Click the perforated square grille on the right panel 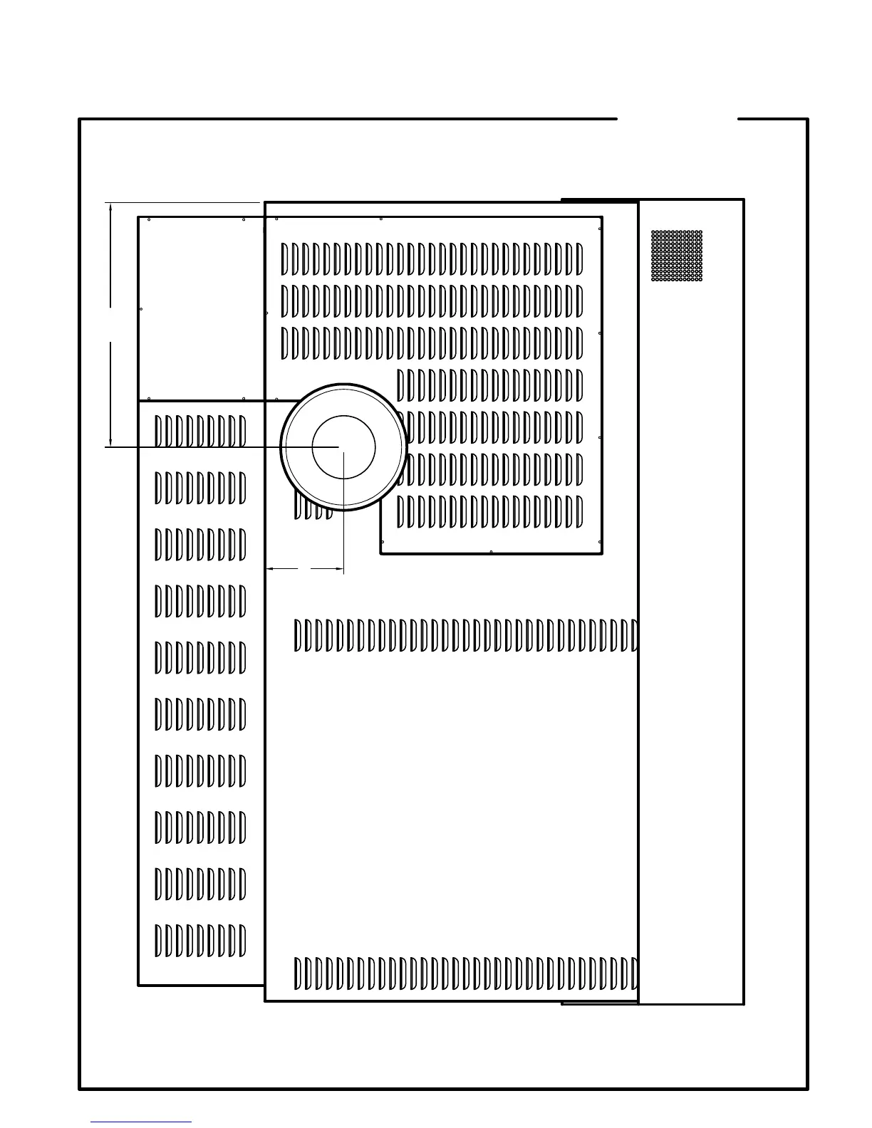coord(677,256)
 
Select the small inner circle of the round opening coord(343,447)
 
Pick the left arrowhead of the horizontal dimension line coord(270,569)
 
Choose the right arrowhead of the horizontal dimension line coord(340,569)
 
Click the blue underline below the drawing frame coord(141,1122)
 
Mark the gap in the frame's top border coord(677,119)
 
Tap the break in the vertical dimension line coord(111,325)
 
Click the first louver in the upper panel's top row coord(285,259)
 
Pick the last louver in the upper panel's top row coord(579,259)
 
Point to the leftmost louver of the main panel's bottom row coord(298,973)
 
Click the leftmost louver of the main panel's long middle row coord(298,636)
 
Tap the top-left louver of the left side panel coord(158,432)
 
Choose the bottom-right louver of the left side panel coord(242,941)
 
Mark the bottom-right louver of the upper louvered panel coord(579,512)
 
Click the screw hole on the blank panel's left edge coord(141,309)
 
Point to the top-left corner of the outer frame coord(80,120)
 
